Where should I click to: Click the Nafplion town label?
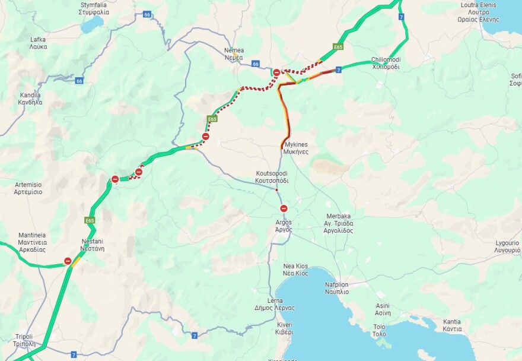point(337,288)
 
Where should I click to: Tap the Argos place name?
point(284,226)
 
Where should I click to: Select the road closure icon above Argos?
point(284,208)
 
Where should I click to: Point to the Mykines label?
point(295,148)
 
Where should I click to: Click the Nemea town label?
point(234,54)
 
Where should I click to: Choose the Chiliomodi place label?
point(386,64)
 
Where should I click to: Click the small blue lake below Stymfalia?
point(92,25)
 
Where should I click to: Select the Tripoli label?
point(24,340)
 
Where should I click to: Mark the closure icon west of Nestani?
point(68,261)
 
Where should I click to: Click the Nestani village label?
point(93,245)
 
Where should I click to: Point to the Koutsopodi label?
point(271,176)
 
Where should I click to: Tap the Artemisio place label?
point(28,188)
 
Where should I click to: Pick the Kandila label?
point(30,99)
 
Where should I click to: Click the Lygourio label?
point(507,246)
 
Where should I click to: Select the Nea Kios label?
point(295,270)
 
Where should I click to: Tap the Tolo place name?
point(378,330)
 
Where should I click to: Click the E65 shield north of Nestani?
point(90,221)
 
